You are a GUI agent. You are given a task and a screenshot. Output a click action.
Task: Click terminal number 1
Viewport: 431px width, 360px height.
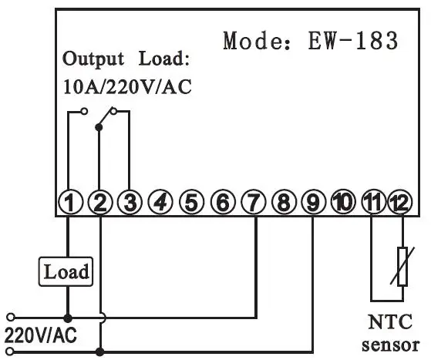[x=70, y=202]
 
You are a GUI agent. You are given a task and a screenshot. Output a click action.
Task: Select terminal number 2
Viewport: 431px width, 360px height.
[x=100, y=202]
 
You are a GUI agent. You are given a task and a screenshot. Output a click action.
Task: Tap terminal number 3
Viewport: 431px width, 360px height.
[x=130, y=202]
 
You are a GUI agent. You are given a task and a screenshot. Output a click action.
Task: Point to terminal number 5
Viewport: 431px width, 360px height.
[x=191, y=202]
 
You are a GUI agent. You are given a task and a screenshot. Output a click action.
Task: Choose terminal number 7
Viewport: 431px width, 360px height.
[x=254, y=202]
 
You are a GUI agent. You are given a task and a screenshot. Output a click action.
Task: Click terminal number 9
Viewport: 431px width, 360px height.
[x=313, y=202]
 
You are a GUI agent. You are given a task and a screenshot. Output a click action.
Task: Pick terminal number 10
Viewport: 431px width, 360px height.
[x=342, y=202]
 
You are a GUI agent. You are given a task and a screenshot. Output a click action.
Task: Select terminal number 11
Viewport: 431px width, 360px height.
[x=372, y=202]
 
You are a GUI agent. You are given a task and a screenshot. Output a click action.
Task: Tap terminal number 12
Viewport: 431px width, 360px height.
[x=400, y=202]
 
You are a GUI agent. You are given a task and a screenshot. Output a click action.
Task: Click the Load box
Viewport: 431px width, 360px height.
[x=66, y=271]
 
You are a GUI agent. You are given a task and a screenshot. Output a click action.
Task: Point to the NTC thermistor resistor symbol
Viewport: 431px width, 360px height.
[x=402, y=267]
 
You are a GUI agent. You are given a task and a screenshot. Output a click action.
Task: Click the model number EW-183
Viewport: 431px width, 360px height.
[x=353, y=40]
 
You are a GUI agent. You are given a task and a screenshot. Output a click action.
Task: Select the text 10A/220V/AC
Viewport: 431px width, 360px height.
[x=127, y=87]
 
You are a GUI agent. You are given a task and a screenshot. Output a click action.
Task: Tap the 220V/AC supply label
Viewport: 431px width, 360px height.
[x=41, y=335]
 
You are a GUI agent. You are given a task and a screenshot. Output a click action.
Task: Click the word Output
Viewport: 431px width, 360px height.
[x=93, y=59]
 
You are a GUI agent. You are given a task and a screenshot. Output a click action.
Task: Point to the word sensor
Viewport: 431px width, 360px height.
[x=391, y=345]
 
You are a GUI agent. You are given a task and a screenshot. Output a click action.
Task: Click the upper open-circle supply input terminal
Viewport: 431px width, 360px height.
[x=11, y=318]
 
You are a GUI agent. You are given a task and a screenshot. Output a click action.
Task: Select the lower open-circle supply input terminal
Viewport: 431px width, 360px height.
[x=10, y=352]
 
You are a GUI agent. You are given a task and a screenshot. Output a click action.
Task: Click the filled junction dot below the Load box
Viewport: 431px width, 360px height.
[x=68, y=318]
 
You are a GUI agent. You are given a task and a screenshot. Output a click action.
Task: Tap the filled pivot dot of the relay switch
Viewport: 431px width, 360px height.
[x=99, y=127]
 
